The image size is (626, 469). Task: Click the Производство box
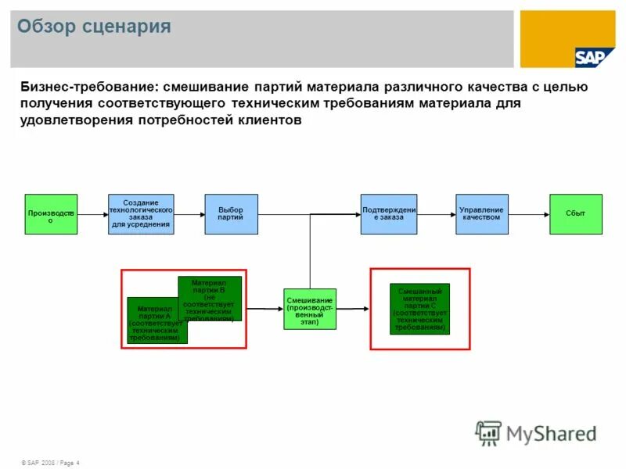(x=51, y=214)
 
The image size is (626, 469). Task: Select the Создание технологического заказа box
(x=141, y=214)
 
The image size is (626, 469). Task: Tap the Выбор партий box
(x=231, y=214)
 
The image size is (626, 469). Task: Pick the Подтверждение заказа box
(x=388, y=214)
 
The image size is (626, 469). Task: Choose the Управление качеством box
(x=482, y=214)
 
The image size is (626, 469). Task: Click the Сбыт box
(x=576, y=214)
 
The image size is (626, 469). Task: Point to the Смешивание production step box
(x=309, y=309)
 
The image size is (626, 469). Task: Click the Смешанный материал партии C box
(x=420, y=309)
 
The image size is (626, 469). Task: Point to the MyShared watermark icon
(x=489, y=432)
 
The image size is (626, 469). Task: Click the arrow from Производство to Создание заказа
(x=92, y=214)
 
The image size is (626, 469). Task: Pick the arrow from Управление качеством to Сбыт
(x=529, y=214)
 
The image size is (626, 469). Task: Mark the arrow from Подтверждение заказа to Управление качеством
(x=437, y=214)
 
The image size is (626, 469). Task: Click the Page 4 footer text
(x=67, y=463)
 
